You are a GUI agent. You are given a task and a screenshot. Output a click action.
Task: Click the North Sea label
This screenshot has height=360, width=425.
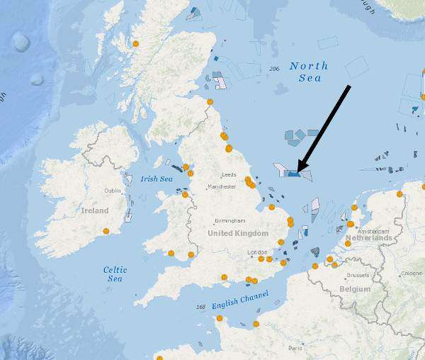point(309,72)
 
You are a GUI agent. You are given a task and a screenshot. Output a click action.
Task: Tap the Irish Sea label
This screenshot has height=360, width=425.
point(157,179)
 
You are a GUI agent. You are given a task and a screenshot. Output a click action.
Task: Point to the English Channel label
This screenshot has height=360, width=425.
point(240,298)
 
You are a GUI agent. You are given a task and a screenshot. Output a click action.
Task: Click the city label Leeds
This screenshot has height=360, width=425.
point(229,174)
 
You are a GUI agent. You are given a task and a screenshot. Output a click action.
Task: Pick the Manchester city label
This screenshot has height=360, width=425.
point(222,186)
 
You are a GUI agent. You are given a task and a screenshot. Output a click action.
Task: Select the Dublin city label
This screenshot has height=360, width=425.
point(113,191)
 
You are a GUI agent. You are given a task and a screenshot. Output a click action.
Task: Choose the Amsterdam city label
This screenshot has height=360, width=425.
point(373,231)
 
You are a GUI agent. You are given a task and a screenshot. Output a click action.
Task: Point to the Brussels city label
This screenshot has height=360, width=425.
point(357,275)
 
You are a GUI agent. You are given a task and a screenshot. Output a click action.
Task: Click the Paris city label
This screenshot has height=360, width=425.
point(295,348)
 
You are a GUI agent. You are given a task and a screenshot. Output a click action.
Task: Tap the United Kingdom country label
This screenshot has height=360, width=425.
point(238,233)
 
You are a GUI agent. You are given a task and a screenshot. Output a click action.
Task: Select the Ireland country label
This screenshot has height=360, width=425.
point(94,210)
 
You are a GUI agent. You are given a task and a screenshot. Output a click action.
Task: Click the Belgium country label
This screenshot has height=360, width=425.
point(354,289)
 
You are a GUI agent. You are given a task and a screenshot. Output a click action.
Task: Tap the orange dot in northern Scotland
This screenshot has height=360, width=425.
point(135,44)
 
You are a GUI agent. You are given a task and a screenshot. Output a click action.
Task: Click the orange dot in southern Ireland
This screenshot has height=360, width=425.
point(106,231)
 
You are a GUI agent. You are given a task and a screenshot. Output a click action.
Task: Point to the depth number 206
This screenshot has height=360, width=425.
point(275,68)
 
